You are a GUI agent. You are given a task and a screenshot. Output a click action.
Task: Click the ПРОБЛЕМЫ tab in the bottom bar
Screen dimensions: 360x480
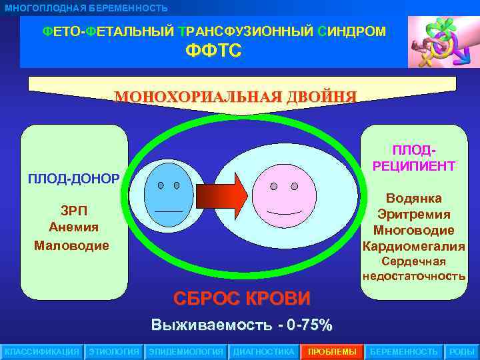point(332,351)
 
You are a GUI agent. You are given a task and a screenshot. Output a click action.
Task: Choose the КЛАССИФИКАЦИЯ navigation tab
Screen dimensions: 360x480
point(42,351)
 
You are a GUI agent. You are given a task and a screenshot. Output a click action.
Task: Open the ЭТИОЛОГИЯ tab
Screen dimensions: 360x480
point(114,351)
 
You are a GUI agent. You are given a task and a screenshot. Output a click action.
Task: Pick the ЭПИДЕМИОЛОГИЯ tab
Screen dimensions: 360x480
point(186,351)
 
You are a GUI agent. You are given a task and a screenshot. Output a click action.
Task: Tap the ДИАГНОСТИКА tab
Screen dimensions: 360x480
point(263,351)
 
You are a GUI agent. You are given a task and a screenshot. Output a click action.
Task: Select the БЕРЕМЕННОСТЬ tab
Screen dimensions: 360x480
point(404,351)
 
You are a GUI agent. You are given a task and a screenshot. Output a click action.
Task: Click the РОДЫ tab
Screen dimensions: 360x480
point(462,351)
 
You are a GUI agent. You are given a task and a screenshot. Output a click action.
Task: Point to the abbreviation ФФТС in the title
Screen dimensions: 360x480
point(213,51)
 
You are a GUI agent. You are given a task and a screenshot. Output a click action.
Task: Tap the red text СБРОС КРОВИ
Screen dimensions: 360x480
point(242,297)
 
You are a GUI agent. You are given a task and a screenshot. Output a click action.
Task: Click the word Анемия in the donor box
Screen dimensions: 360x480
point(73,227)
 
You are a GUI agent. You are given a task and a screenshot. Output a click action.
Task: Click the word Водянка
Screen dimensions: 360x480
point(413,199)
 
